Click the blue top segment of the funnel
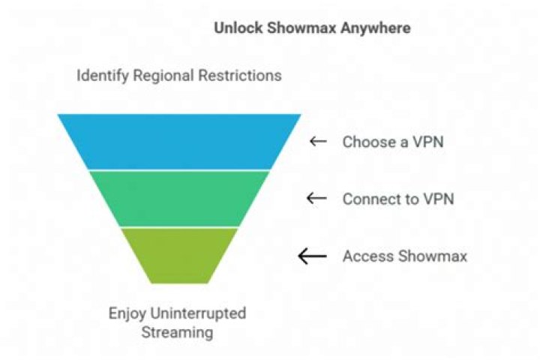coord(179,142)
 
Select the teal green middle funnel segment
coord(179,198)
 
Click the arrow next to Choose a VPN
coord(318,142)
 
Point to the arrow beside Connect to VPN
coord(318,199)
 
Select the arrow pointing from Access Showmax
coord(314,256)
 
